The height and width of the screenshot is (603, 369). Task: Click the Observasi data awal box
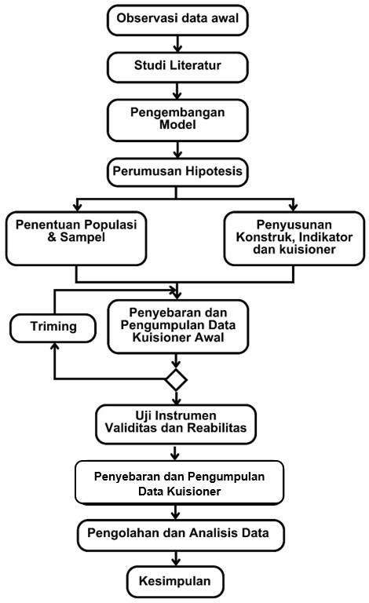tap(177, 20)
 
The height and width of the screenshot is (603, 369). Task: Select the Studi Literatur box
tap(177, 68)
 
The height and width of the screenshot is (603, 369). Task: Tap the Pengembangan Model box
tap(177, 120)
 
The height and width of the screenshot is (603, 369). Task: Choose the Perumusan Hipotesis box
tap(177, 172)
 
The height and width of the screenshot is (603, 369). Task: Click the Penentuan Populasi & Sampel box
tap(76, 239)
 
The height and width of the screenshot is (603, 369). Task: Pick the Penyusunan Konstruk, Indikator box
tap(294, 239)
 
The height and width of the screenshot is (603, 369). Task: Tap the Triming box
tap(53, 328)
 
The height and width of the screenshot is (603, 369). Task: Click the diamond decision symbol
tap(176, 380)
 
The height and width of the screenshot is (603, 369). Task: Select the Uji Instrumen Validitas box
tap(176, 424)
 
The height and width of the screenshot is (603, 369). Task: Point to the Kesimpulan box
tap(175, 581)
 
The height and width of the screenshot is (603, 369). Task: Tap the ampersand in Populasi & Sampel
tap(52, 237)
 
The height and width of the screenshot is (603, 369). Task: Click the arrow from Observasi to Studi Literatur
tap(177, 44)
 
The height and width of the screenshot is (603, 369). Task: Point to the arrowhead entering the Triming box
tap(55, 346)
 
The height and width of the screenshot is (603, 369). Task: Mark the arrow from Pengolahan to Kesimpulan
tap(176, 558)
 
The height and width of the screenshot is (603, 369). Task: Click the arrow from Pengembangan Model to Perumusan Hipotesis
tap(177, 150)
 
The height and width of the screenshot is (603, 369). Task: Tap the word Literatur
tap(195, 65)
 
